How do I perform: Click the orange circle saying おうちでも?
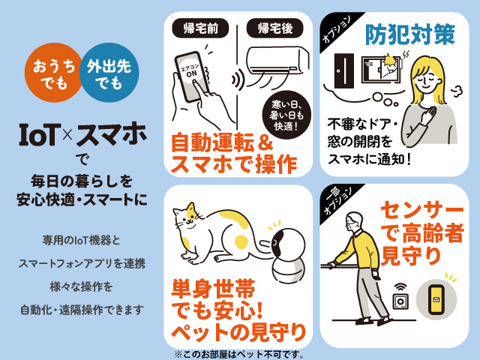pyautogui.click(x=53, y=73)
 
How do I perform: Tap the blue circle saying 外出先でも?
pyautogui.click(x=109, y=73)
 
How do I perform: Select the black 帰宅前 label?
pyautogui.click(x=200, y=28)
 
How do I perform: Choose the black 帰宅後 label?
pyautogui.click(x=275, y=28)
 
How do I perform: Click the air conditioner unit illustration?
pyautogui.click(x=277, y=61)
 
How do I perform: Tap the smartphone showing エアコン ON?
pyautogui.click(x=192, y=76)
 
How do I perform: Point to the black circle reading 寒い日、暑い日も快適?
pyautogui.click(x=286, y=115)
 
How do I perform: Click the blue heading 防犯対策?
pyautogui.click(x=410, y=34)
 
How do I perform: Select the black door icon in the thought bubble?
pyautogui.click(x=344, y=70)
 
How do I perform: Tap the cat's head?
pyautogui.click(x=187, y=215)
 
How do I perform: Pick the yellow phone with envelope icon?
pyautogui.click(x=436, y=300)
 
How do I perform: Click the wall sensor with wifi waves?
pyautogui.click(x=400, y=298)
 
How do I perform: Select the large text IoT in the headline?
pyautogui.click(x=38, y=135)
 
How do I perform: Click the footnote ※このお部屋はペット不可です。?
pyautogui.click(x=239, y=355)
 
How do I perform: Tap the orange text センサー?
pyautogui.click(x=421, y=211)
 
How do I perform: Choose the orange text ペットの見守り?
pyautogui.click(x=238, y=333)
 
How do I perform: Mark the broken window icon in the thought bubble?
pyautogui.click(x=381, y=69)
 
